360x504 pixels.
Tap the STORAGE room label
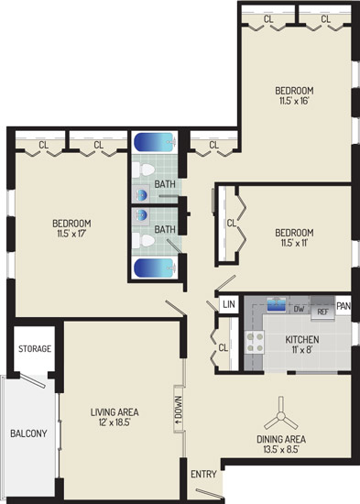[35, 349]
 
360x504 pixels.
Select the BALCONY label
[28, 433]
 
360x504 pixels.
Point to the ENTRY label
[203, 474]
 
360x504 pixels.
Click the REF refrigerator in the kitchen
[322, 309]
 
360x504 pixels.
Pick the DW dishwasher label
[299, 309]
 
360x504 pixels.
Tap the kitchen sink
[276, 304]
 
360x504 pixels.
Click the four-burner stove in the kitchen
[255, 343]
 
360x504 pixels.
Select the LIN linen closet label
[229, 303]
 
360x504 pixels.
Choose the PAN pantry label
[344, 306]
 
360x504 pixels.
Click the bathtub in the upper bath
[155, 142]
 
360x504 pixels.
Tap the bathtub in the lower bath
[155, 268]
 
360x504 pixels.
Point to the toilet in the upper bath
[144, 170]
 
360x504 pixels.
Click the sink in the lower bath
[141, 214]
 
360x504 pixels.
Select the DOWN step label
[179, 409]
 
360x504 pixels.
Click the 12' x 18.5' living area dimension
[115, 422]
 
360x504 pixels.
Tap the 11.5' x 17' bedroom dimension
[71, 234]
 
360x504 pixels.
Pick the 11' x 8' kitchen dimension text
[302, 349]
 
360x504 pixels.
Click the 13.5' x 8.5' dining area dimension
[281, 449]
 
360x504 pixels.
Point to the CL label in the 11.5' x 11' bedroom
[232, 223]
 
